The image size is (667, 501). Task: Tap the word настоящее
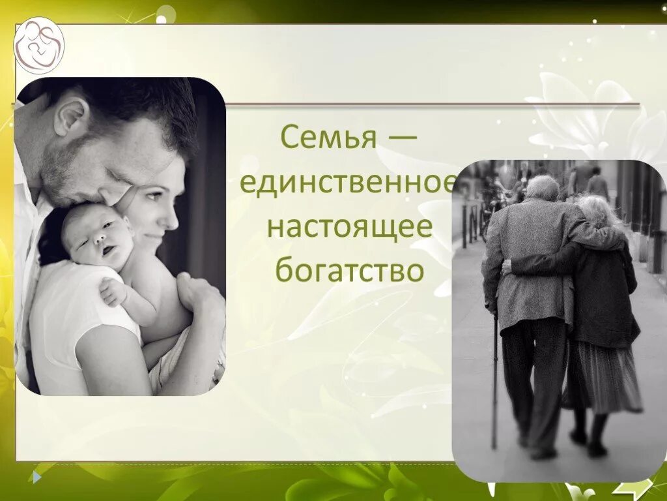[x=349, y=227]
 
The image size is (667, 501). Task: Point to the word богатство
[x=349, y=271]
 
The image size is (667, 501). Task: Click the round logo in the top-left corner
[x=39, y=45]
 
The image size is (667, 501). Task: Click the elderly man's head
[x=542, y=187]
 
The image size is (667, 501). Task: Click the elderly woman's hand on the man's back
[x=507, y=266]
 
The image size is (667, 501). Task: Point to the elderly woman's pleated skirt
[x=603, y=378]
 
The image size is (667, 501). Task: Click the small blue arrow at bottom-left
[x=37, y=478]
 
